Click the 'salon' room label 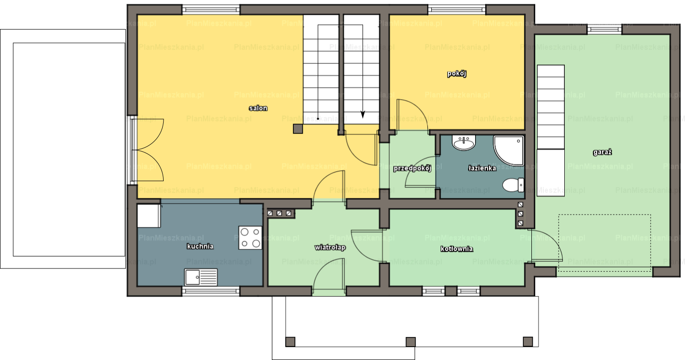258,108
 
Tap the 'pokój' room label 457,73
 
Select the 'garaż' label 602,152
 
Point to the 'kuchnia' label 200,247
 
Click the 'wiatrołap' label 330,247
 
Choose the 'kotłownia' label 457,249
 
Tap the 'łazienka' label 482,168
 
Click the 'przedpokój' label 412,168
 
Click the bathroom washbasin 464,143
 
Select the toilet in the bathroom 513,185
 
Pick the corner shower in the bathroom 509,151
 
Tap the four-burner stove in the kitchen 250,238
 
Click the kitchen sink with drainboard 201,277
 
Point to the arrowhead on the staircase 363,114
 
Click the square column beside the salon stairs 298,129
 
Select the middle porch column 411,342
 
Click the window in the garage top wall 604,30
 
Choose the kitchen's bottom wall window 211,291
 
